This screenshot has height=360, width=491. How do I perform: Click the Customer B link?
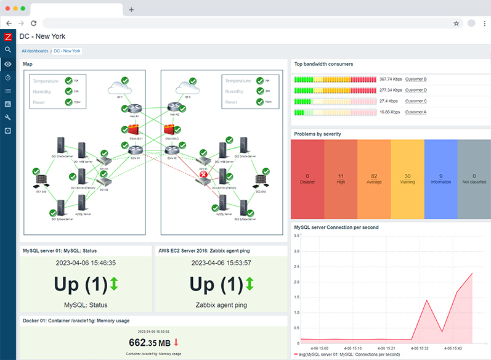point(416,79)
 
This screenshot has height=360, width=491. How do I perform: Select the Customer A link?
point(416,112)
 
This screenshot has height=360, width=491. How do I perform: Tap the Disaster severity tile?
point(307,179)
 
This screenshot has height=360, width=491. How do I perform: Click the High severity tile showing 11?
point(341,179)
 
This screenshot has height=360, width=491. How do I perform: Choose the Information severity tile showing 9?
point(440,179)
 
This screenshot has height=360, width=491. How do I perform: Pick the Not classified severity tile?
point(474,179)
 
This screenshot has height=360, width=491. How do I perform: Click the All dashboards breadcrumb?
point(35,51)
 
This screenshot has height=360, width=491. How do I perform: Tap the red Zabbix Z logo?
point(8,36)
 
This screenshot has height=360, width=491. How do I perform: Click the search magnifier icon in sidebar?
point(8,50)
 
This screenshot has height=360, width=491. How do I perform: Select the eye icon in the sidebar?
point(8,64)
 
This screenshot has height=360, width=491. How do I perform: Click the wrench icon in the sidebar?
point(8,117)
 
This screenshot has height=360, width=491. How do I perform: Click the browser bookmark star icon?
point(457,23)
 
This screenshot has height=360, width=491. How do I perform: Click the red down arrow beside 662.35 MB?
point(176,342)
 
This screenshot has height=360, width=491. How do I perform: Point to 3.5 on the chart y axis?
point(296,235)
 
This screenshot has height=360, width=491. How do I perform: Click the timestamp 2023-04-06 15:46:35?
point(86,263)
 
